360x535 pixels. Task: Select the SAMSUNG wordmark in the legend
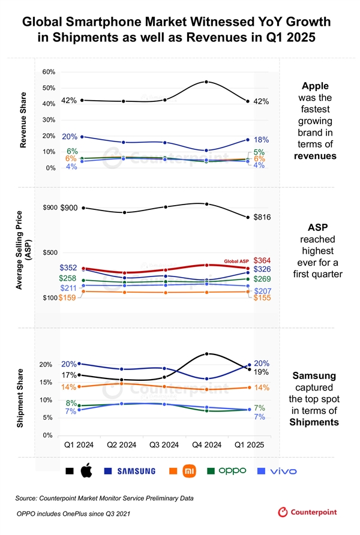click(136, 471)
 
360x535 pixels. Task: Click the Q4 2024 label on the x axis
click(206, 445)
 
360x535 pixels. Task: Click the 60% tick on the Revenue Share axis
click(49, 72)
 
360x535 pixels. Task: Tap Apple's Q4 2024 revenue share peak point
click(206, 82)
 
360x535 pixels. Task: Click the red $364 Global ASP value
click(262, 260)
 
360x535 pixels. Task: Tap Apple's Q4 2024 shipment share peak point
click(206, 354)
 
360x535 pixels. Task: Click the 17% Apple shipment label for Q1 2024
click(69, 375)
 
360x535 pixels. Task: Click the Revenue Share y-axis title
click(23, 120)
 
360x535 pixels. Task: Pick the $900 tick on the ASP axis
click(50, 208)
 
